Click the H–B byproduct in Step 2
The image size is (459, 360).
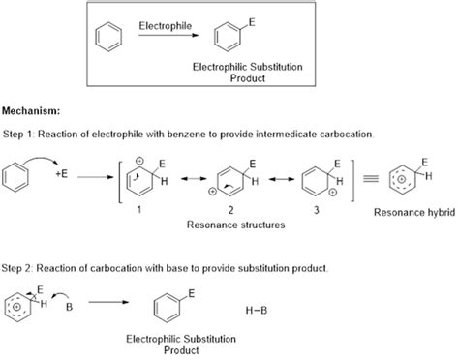coord(255,310)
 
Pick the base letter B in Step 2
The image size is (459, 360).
coord(69,312)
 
